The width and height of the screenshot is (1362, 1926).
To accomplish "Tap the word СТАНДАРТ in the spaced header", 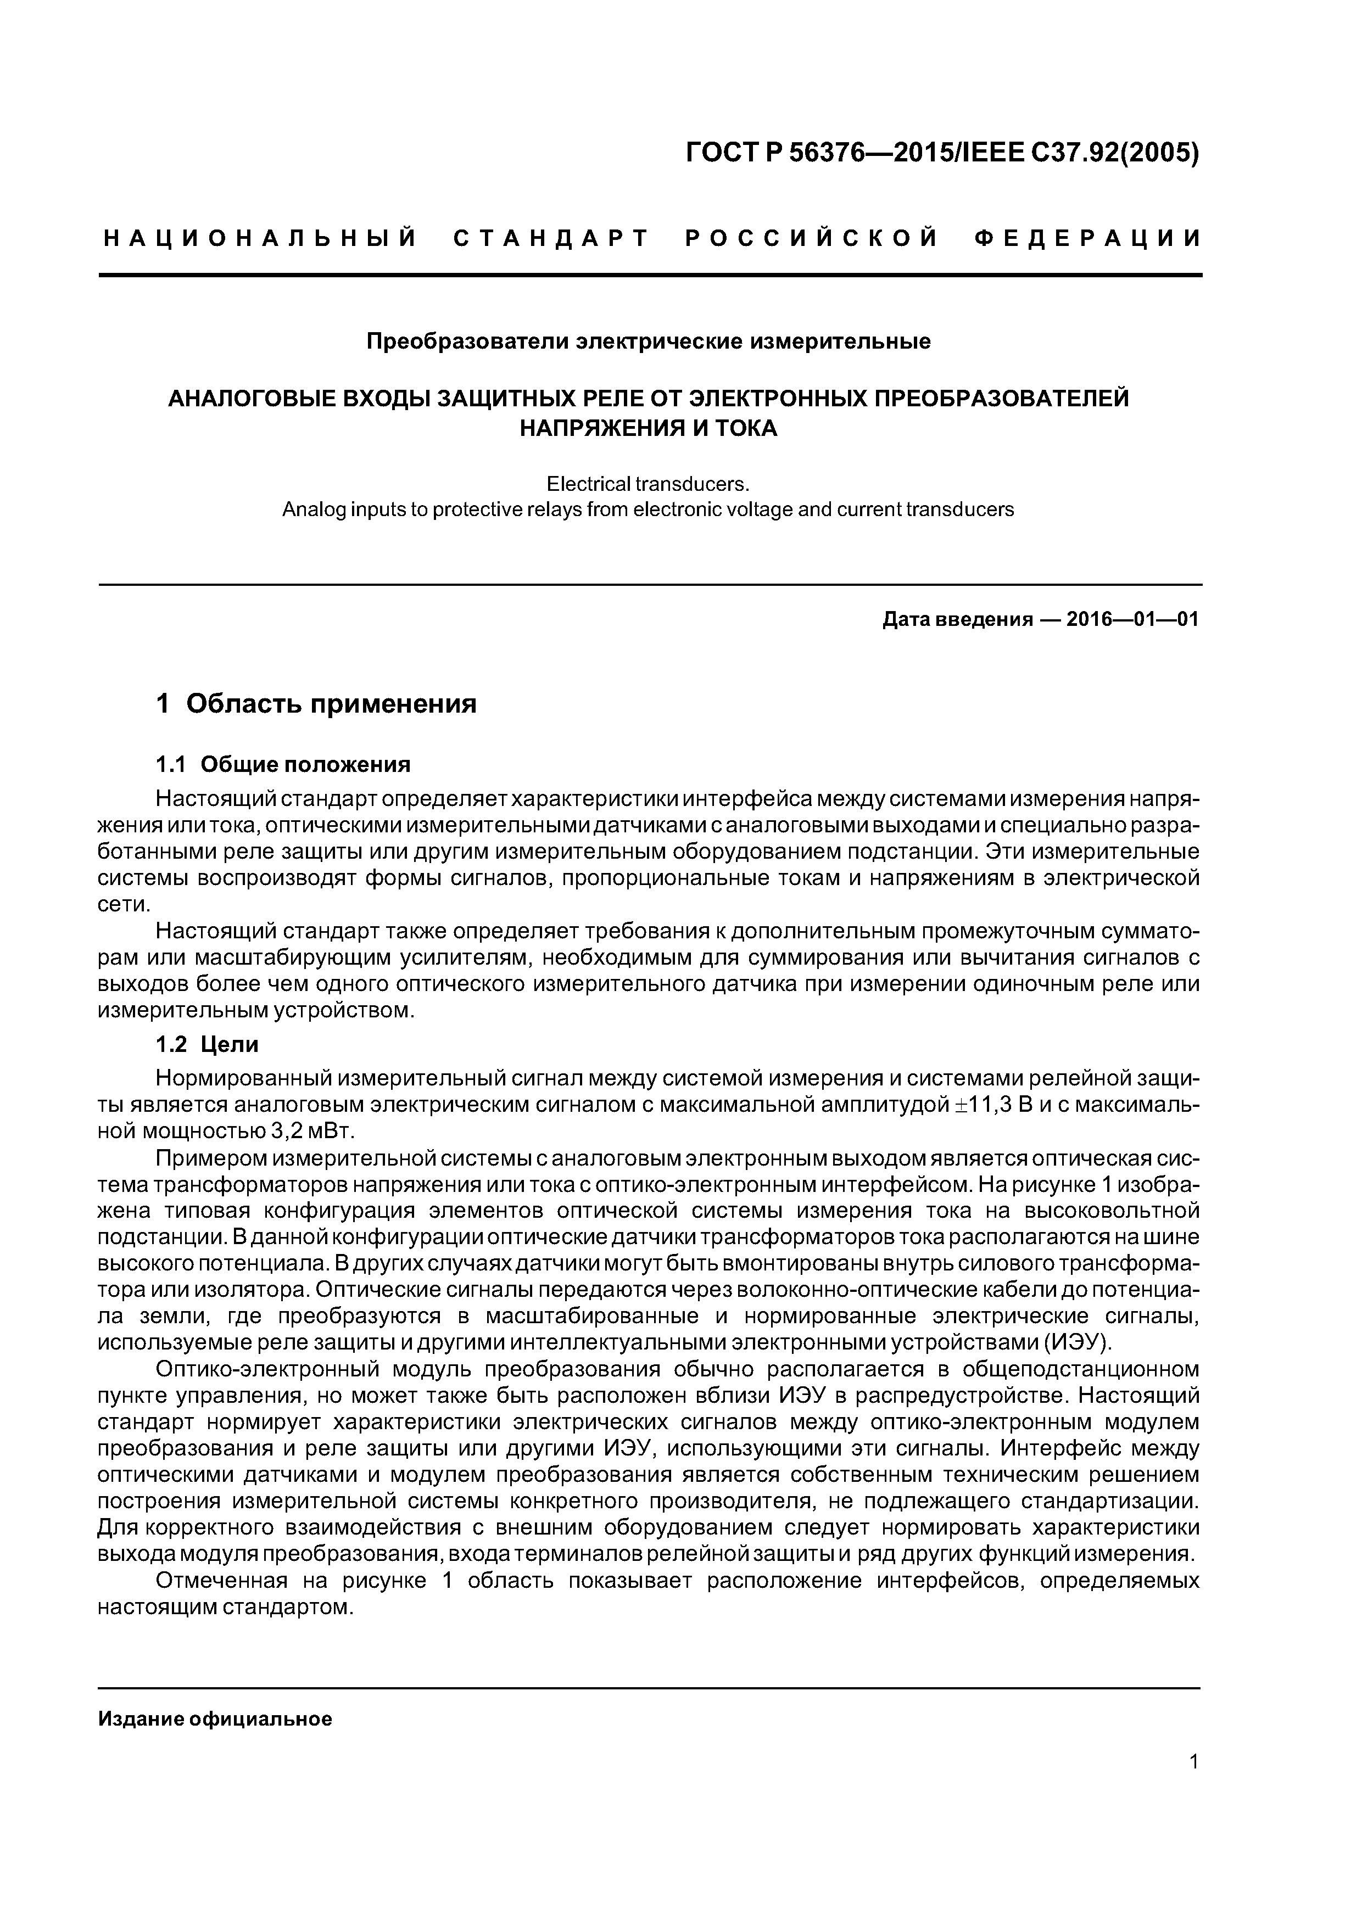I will point(550,239).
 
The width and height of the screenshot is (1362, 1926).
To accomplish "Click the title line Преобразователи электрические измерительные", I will point(649,342).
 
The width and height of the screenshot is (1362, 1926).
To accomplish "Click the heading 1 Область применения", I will point(316,703).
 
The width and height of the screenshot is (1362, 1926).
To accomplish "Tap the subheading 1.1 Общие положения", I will point(283,764).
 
